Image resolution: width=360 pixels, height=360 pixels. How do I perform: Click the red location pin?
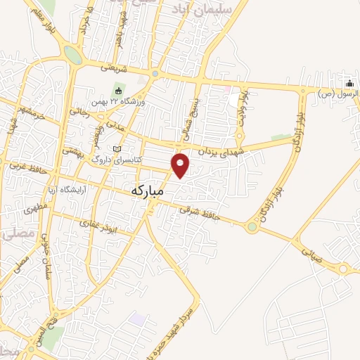[x=181, y=165]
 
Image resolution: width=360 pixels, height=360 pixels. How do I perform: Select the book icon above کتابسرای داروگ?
[x=117, y=149]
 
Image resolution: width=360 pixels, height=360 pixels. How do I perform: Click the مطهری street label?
[x=32, y=209]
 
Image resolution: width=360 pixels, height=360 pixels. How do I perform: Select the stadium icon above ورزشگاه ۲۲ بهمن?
[x=118, y=91]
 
